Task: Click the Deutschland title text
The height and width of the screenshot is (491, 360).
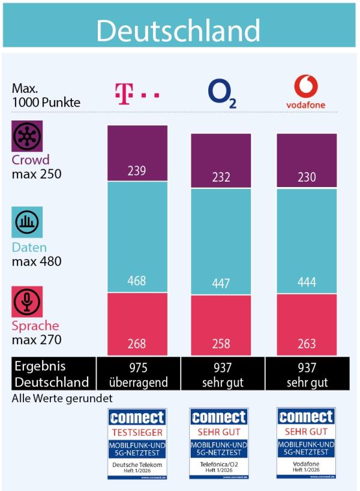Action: (178, 30)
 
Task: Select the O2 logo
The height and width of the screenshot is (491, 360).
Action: (222, 94)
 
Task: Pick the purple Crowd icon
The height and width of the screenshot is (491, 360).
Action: (28, 136)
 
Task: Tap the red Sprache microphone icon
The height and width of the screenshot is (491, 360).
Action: (28, 302)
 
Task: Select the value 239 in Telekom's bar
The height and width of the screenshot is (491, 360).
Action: (137, 171)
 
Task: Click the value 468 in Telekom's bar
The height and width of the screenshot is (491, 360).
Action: (137, 281)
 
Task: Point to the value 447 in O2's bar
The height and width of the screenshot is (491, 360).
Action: (221, 284)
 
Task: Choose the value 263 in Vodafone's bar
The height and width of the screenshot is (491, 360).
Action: (306, 344)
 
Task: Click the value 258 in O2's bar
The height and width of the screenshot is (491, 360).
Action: (221, 344)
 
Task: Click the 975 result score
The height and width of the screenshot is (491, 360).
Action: (137, 368)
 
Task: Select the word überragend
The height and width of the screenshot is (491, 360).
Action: (137, 382)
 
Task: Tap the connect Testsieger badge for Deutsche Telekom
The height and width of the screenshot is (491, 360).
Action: (137, 443)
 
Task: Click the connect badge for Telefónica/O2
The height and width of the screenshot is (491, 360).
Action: (218, 443)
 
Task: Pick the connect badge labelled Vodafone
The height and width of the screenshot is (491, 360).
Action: (306, 443)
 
